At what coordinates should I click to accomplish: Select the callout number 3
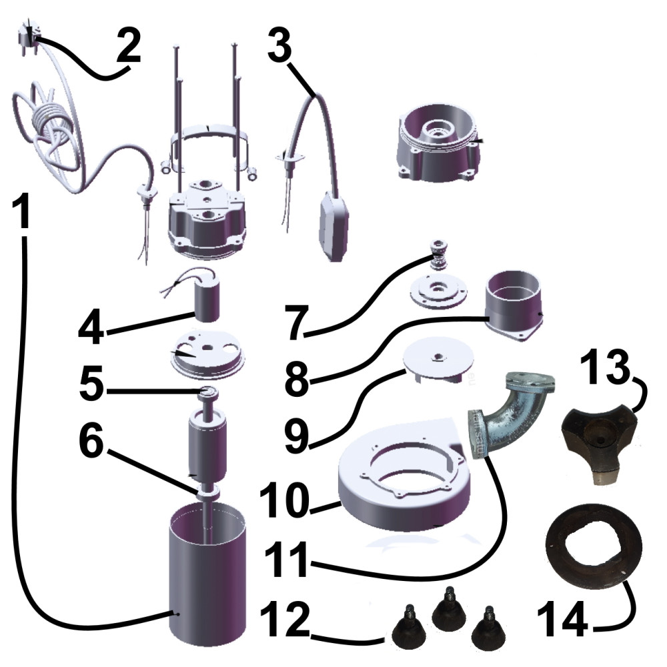pos(279,44)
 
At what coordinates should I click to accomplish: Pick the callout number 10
pos(282,500)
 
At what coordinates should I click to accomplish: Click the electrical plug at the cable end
pos(27,37)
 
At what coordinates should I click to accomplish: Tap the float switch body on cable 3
pos(334,225)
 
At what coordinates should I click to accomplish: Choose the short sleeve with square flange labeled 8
pos(514,303)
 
